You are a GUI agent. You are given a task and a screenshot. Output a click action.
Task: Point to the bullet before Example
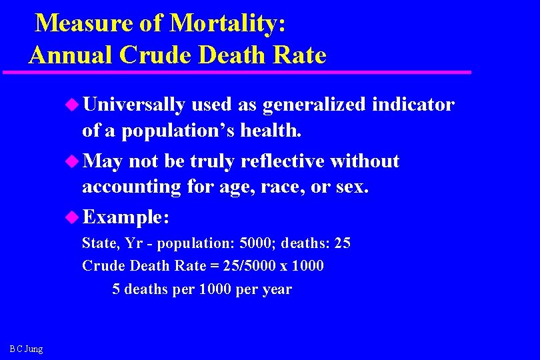coord(72,217)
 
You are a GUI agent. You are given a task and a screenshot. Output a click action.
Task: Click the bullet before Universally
coord(72,105)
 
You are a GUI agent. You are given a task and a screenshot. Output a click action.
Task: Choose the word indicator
coord(413,105)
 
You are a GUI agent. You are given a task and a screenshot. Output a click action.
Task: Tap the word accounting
coord(131,187)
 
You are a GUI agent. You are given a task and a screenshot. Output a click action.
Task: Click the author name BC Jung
coord(26,349)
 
